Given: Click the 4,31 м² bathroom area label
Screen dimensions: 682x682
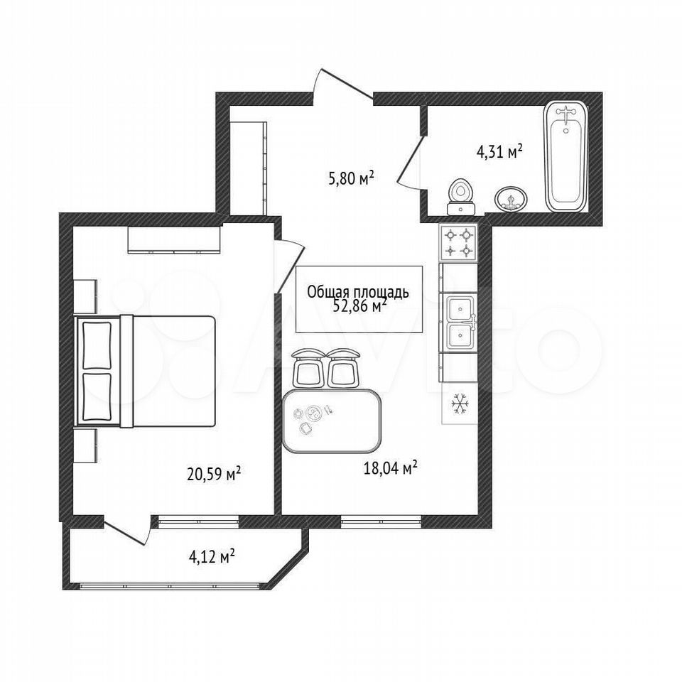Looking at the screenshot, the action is click(x=499, y=152).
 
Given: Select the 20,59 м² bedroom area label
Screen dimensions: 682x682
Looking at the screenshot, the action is click(x=214, y=474).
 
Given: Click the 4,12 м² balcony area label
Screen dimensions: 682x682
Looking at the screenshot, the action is click(x=212, y=556).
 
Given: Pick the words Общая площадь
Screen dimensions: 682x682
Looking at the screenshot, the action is click(x=358, y=292).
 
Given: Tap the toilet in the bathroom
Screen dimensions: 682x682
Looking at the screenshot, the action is click(x=460, y=197).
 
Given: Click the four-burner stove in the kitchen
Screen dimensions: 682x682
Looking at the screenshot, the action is click(x=458, y=243).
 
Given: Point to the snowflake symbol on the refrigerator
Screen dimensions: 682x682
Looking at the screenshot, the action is click(x=460, y=404).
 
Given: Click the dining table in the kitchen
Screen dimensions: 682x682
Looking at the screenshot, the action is click(x=332, y=421).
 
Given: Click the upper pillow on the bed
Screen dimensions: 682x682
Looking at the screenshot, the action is click(x=97, y=345).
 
